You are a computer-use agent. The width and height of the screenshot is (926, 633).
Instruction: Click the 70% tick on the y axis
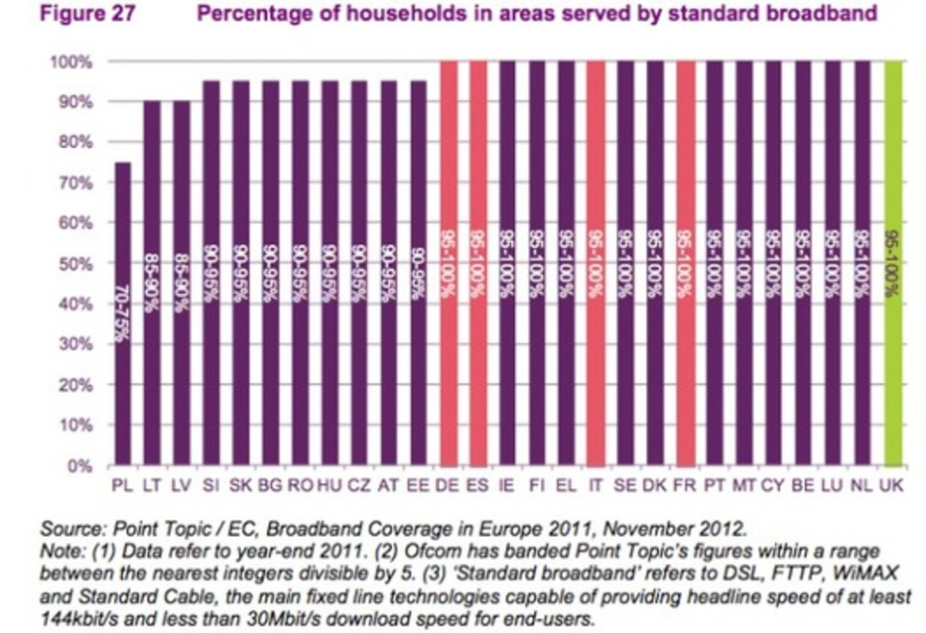click(77, 183)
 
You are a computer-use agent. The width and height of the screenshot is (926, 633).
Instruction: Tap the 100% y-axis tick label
click(73, 61)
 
